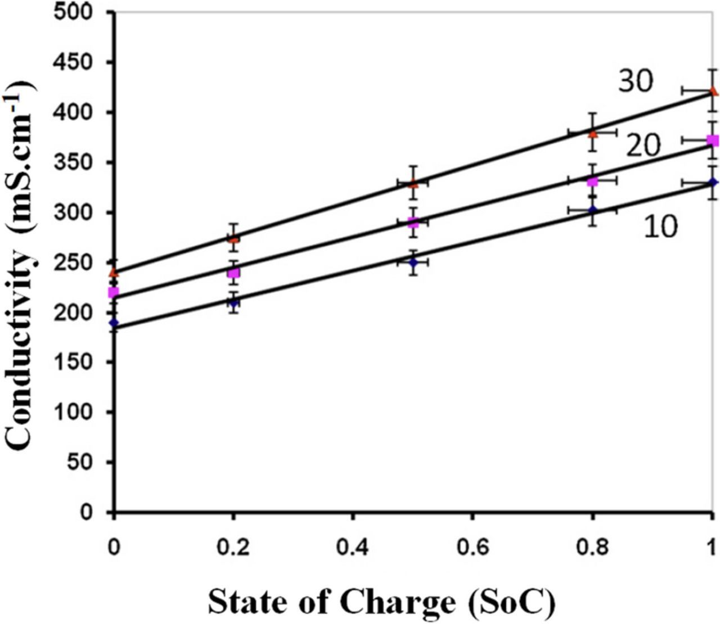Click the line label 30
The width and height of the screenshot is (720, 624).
(636, 81)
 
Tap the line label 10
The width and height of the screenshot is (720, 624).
(660, 227)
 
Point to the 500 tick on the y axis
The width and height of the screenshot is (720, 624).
(84, 12)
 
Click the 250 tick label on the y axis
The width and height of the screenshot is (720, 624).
(84, 263)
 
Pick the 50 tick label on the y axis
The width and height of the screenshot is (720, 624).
(90, 462)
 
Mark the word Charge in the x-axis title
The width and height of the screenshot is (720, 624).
(398, 602)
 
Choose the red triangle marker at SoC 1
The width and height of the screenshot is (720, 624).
(713, 91)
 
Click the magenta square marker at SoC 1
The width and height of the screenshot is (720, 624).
(713, 141)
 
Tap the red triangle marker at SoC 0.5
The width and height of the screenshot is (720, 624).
(413, 183)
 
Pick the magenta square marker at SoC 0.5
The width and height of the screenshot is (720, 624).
(413, 223)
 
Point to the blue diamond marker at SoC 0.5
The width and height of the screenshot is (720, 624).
(413, 262)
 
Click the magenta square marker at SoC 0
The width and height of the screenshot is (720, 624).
(114, 292)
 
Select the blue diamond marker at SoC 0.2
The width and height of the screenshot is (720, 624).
(233, 302)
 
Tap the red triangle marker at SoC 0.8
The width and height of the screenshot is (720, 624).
(592, 134)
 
